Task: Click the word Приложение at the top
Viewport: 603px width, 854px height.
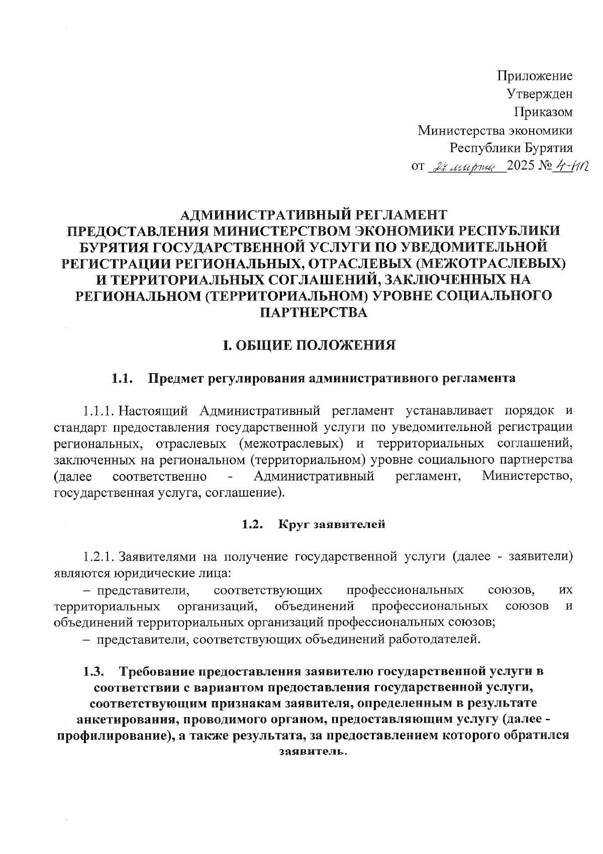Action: tap(535, 76)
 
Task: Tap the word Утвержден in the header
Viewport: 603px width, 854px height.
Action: tap(539, 94)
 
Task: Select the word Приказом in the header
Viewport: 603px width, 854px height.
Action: tap(543, 112)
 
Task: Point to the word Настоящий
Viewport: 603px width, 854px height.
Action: tap(154, 411)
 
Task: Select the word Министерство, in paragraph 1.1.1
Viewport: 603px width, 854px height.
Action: tap(527, 476)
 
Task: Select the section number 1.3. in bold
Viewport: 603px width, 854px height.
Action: tap(93, 671)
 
